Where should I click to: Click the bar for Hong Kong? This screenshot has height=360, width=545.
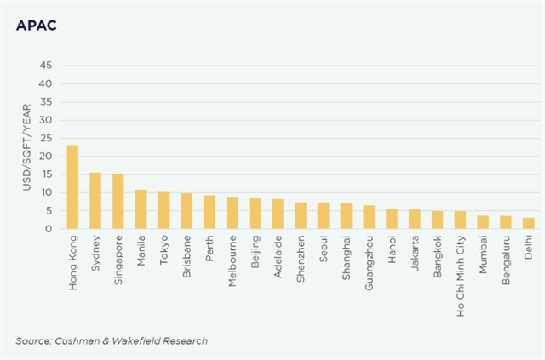[x=72, y=187]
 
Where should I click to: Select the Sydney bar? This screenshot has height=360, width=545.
[x=95, y=201]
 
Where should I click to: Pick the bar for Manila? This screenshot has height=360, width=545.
[x=141, y=209]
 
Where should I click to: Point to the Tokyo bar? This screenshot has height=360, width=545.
[x=163, y=210]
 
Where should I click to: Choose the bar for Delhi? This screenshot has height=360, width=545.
[x=528, y=223]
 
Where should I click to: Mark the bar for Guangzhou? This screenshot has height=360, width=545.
[x=369, y=217]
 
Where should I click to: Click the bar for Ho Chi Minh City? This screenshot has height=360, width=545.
[x=460, y=220]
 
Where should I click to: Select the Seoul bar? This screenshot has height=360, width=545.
[x=323, y=215]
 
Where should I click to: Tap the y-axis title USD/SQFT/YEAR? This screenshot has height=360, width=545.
[x=27, y=146]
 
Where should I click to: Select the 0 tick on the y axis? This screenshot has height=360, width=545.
[x=50, y=229]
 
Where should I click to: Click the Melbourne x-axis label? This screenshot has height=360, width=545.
[x=232, y=262]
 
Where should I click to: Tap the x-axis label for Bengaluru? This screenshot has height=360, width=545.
[x=506, y=263]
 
